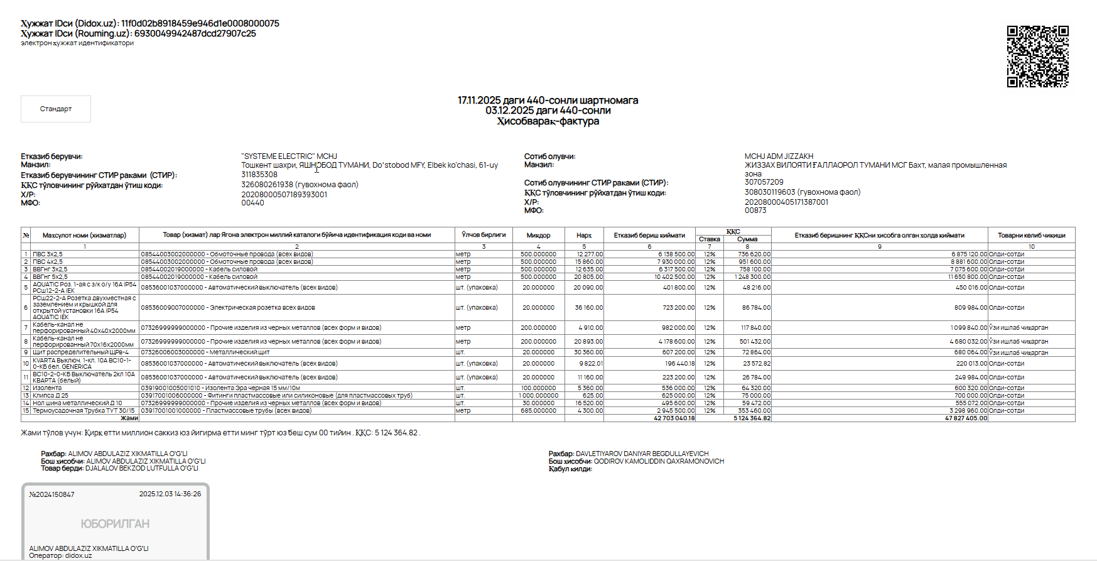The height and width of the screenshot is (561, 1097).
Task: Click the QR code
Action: [x=1037, y=57]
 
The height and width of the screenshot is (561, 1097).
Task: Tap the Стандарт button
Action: [x=56, y=109]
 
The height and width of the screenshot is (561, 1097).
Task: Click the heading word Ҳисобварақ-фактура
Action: [x=548, y=121]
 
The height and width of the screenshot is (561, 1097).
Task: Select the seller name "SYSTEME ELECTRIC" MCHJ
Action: [x=289, y=156]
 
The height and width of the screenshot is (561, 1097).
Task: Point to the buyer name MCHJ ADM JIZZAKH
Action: [x=779, y=156]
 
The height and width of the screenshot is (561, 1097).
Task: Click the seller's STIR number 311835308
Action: [x=259, y=175]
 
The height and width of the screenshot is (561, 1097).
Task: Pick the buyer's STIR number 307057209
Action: [x=764, y=182]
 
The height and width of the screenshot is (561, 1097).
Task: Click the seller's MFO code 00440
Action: [x=252, y=203]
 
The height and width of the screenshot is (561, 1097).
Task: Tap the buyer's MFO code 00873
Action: [x=755, y=210]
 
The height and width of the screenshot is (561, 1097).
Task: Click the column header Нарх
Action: [x=584, y=236]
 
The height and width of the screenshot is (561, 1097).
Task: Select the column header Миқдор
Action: [x=538, y=236]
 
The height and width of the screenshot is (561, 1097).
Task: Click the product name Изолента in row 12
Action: [x=47, y=388]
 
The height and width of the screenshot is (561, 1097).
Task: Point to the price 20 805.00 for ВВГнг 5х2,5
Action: [x=588, y=277]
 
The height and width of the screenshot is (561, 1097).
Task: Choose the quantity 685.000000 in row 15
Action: [x=538, y=411]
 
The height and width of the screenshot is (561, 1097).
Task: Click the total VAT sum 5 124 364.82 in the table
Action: [x=752, y=418]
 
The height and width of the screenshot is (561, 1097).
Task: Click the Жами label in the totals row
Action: [x=129, y=418]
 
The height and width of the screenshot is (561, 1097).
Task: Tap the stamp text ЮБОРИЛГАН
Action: [x=115, y=524]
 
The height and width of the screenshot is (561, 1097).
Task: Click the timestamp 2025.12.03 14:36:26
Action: [x=170, y=494]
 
